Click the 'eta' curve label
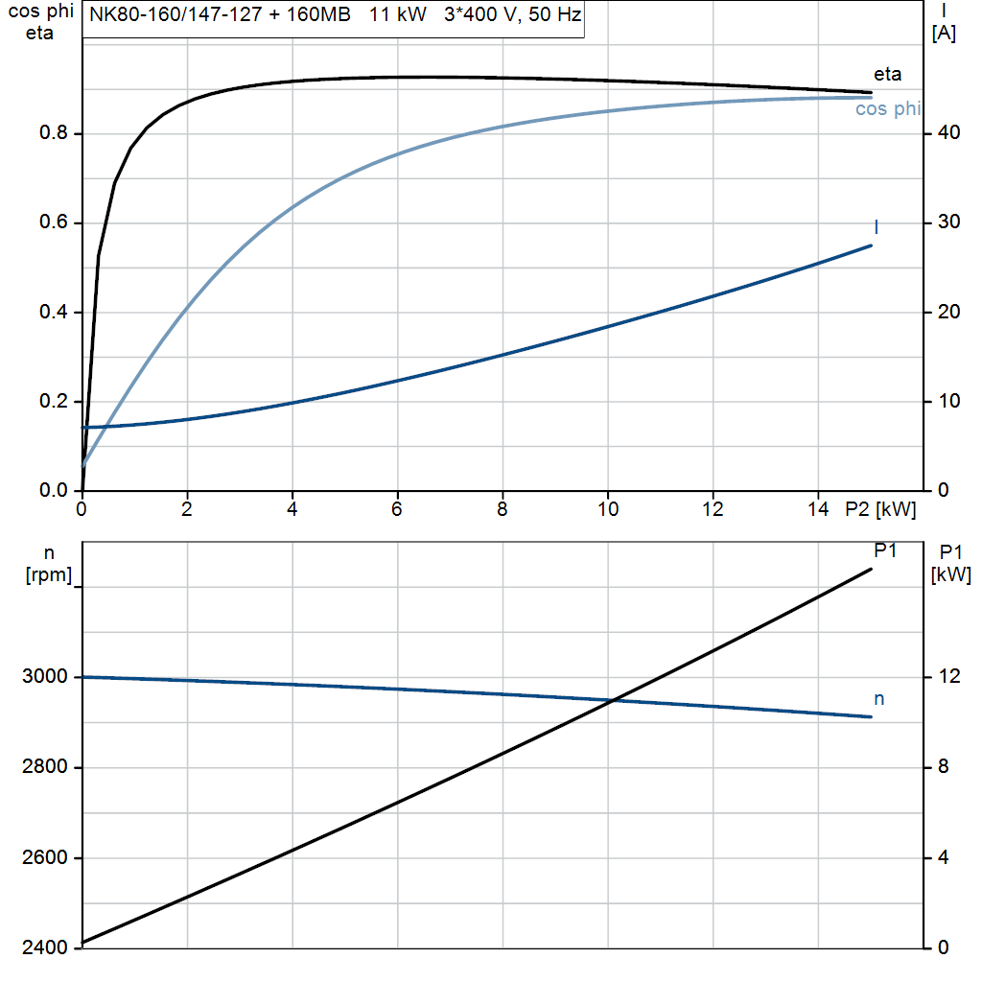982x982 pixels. (x=887, y=75)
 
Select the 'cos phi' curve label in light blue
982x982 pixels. (x=887, y=109)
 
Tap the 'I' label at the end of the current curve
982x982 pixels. (x=877, y=227)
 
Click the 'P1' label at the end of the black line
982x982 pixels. (x=885, y=550)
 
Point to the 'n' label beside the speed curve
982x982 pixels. (x=878, y=699)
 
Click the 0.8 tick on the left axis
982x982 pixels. (x=53, y=133)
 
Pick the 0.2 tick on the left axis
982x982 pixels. (x=53, y=402)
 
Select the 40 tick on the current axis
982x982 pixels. (x=946, y=133)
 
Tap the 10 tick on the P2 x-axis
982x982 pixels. (x=608, y=510)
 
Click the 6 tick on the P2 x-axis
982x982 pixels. (x=397, y=510)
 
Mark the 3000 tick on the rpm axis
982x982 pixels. (x=45, y=677)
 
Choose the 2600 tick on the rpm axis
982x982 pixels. (x=45, y=857)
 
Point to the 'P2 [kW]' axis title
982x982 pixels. (x=880, y=510)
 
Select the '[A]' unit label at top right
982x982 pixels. (x=945, y=34)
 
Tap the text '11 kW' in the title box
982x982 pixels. (x=398, y=16)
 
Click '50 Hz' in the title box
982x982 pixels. (x=554, y=16)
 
